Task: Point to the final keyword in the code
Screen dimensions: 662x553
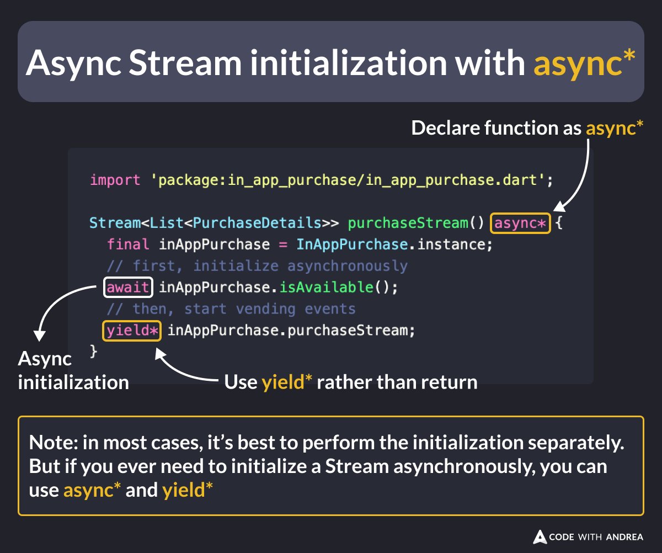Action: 128,244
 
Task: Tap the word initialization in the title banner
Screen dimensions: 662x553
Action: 347,63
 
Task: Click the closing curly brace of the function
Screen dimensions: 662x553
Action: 93,351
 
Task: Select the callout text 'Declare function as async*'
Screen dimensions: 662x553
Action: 527,128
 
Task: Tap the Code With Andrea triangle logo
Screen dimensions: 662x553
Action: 539,536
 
